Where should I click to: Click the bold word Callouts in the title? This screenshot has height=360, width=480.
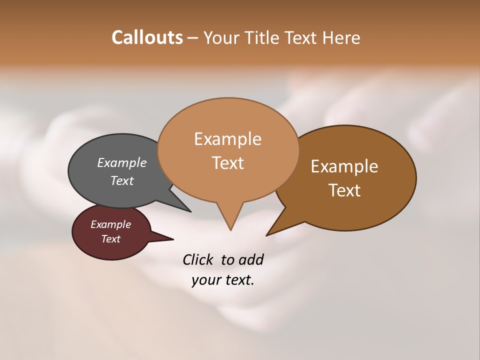pos(147,37)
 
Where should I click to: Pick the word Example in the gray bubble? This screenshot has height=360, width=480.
pos(122,163)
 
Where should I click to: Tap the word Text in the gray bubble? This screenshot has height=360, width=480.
pos(122,180)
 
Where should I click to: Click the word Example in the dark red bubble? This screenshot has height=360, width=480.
pos(111,224)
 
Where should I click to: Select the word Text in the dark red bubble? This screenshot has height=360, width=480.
pos(111,239)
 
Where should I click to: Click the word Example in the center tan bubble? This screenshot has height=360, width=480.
pos(227,139)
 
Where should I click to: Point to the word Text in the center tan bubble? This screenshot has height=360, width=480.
pos(227,163)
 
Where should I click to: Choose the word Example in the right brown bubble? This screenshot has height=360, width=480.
pos(344,166)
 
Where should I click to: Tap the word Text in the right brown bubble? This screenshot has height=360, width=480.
pos(344,190)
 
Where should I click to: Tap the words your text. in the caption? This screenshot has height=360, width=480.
pos(223,280)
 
